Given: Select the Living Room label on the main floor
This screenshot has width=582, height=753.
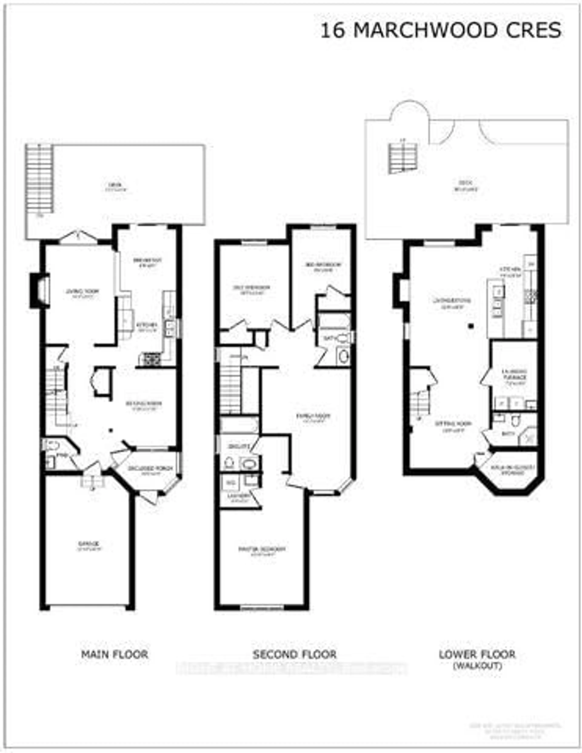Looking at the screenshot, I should (x=83, y=291).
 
